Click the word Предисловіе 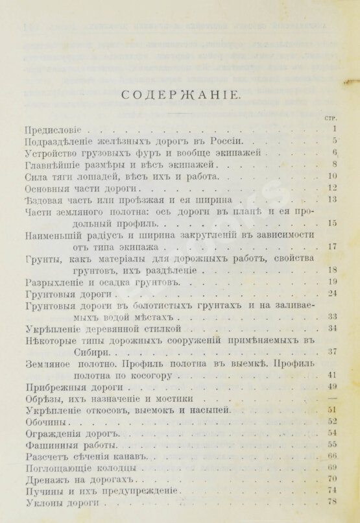(x=49, y=129)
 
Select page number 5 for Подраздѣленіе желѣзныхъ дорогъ (x=333, y=141)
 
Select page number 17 (x=331, y=247)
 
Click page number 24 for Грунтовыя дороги (x=331, y=294)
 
